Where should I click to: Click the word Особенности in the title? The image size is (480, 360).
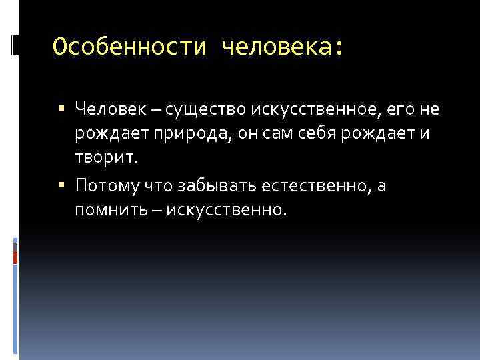coord(130,47)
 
